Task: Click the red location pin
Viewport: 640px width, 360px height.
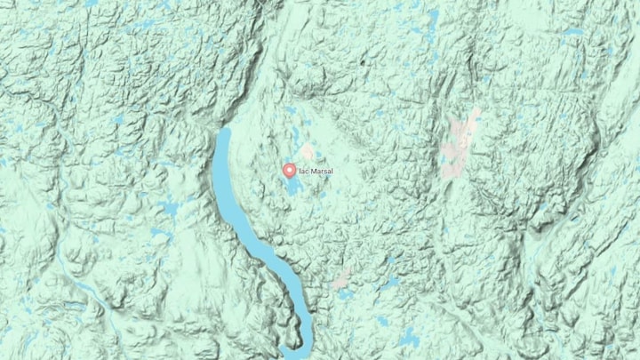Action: [x=289, y=170]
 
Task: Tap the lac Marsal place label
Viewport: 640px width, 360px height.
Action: [x=313, y=171]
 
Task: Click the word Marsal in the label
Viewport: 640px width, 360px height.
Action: [x=318, y=171]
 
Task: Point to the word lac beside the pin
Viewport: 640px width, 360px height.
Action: [x=301, y=171]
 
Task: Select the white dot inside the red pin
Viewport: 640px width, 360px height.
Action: [x=289, y=168]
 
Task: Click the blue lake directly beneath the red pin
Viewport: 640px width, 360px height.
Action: [x=292, y=187]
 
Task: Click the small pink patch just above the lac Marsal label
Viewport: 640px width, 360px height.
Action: [x=308, y=152]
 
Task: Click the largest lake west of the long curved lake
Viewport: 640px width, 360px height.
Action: [x=167, y=210]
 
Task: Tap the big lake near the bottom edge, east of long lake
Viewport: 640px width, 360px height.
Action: [x=408, y=338]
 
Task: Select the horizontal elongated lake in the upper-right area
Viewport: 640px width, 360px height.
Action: [x=572, y=32]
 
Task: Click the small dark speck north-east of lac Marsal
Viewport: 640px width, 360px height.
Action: [x=362, y=63]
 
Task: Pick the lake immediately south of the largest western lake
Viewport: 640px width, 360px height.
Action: [x=161, y=236]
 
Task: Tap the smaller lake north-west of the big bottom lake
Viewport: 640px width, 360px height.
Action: [x=381, y=320]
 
